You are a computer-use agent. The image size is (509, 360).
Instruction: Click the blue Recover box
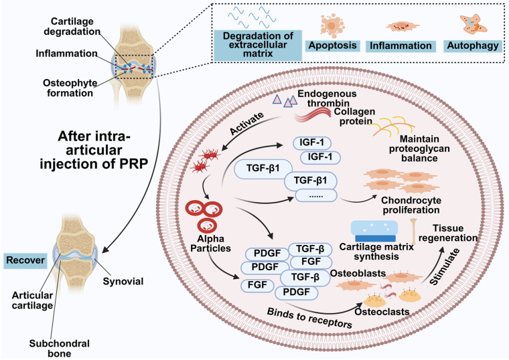tap(25, 260)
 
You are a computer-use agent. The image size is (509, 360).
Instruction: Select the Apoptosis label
tap(332, 46)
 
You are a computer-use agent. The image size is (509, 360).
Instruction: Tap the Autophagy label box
tap(473, 46)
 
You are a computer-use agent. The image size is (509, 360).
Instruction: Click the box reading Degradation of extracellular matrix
tap(258, 45)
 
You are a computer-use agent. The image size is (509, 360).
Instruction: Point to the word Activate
tap(246, 124)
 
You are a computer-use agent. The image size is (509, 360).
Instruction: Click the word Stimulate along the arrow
tap(445, 266)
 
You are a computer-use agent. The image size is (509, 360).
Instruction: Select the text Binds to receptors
tap(309, 318)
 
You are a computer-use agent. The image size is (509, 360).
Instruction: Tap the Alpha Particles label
tap(210, 244)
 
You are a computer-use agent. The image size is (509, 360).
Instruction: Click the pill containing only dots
tap(316, 195)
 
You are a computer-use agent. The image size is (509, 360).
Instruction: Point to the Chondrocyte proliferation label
tap(411, 205)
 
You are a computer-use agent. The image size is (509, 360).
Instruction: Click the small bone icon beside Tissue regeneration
tap(414, 231)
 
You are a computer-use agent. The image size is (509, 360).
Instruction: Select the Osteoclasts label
tap(382, 312)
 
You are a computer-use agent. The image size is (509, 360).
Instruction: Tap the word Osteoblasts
tap(358, 274)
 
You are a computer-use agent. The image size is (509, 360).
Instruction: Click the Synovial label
tap(123, 281)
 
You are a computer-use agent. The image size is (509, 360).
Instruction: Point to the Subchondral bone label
tap(60, 349)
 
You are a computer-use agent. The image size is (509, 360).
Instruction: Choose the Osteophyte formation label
tap(70, 88)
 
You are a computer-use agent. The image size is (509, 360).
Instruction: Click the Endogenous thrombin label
tap(328, 98)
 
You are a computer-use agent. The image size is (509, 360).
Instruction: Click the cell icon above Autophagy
tap(474, 24)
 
